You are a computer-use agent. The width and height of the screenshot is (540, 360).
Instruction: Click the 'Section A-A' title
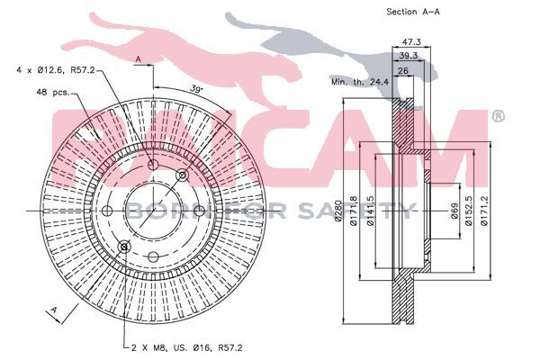[413, 12]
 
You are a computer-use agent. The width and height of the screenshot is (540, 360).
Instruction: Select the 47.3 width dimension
[411, 41]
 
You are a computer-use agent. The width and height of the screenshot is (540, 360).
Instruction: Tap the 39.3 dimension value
[408, 55]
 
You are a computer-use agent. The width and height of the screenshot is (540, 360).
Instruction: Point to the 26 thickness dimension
[403, 71]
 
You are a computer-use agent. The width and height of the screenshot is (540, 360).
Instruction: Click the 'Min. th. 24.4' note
[360, 82]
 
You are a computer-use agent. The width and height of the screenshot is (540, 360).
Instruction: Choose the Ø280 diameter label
[337, 211]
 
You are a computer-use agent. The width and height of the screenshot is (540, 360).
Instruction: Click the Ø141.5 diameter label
[371, 211]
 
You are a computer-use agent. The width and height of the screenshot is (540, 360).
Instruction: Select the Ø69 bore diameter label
[454, 211]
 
